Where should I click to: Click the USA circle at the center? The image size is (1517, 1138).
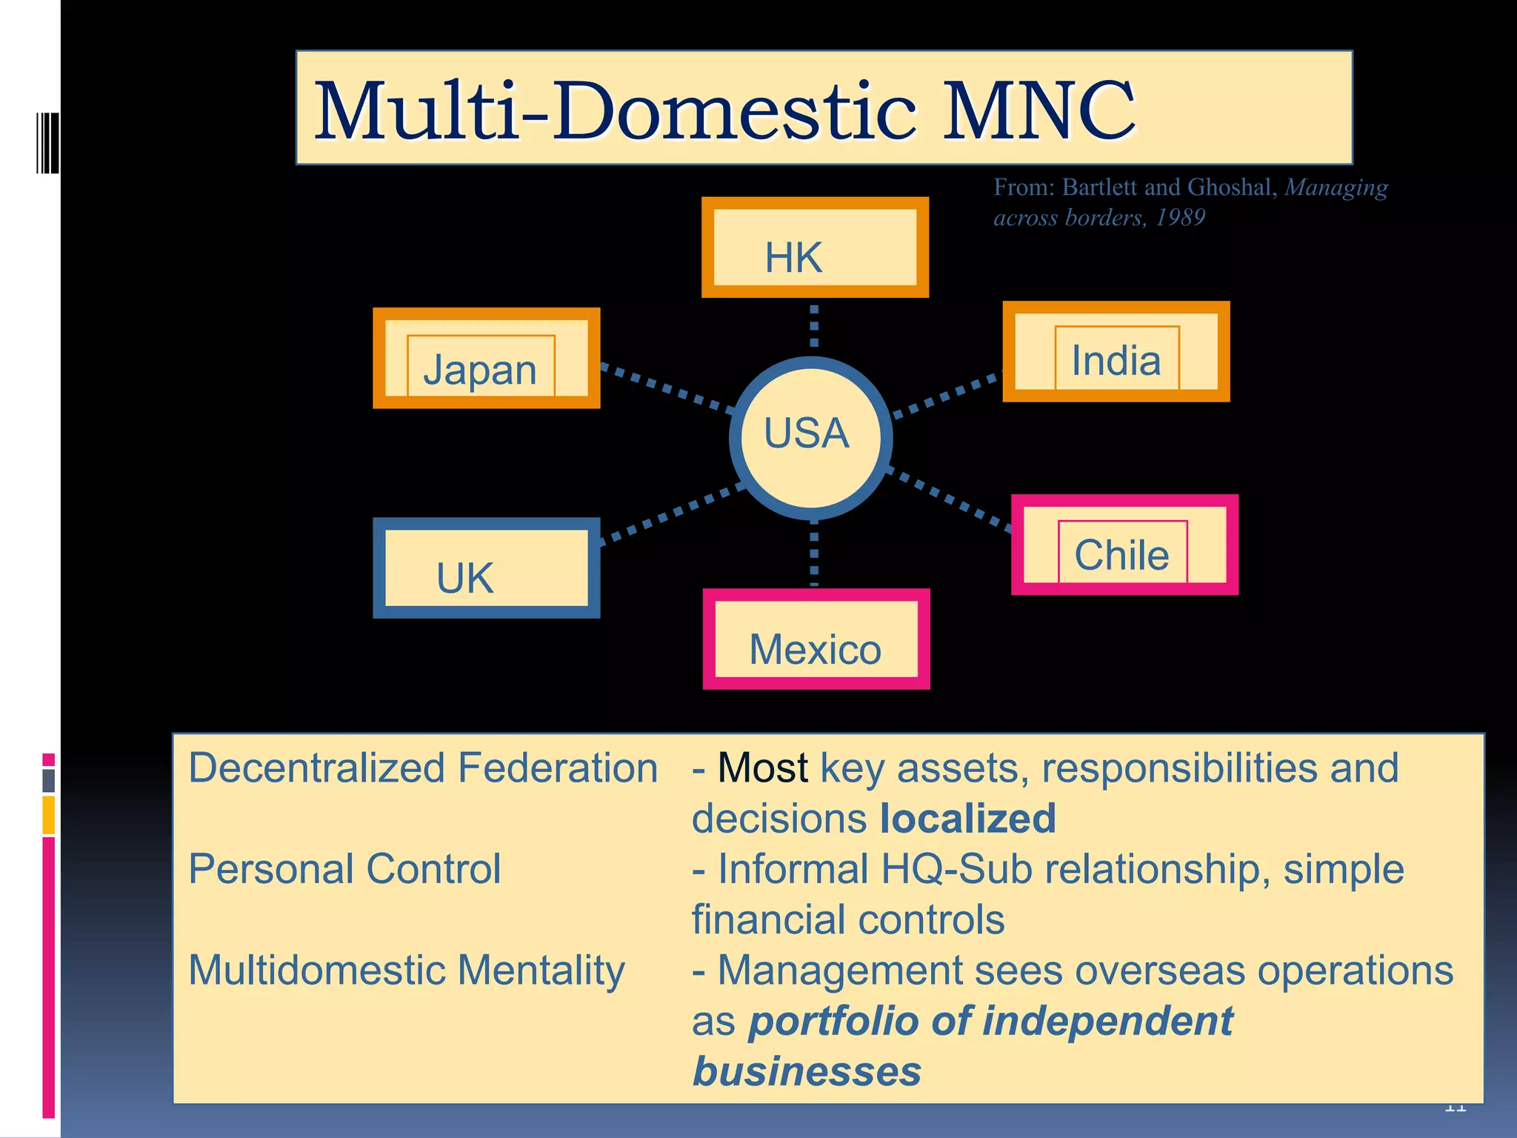(x=811, y=438)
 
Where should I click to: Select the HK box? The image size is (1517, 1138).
(x=815, y=247)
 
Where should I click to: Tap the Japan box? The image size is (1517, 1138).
(x=486, y=359)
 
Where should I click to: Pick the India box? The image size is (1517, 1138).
(x=1116, y=352)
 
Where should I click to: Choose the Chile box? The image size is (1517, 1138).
(x=1124, y=545)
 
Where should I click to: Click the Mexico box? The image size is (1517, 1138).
(x=816, y=639)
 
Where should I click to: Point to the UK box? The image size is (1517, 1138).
(x=486, y=568)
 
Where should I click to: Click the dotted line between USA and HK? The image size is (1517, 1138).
(x=814, y=327)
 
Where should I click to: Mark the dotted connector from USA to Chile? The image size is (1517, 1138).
(x=950, y=499)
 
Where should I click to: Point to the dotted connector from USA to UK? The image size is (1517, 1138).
(x=670, y=513)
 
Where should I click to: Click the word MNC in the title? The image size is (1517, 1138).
(x=1038, y=111)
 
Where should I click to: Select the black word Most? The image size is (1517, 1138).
(x=762, y=768)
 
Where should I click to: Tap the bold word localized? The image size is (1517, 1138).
(x=967, y=819)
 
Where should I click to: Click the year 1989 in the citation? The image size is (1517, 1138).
(x=1180, y=218)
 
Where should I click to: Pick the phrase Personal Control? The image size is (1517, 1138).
(x=344, y=869)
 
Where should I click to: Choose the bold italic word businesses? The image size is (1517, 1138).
(x=807, y=1071)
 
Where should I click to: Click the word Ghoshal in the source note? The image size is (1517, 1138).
(x=1230, y=187)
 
